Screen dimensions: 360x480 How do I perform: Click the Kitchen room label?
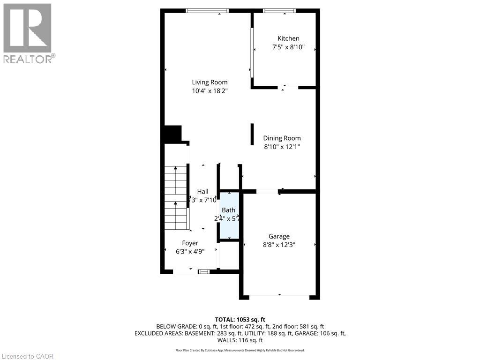point(288,38)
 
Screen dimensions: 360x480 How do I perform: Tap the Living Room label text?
point(210,82)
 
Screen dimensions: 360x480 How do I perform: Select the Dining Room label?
point(282,138)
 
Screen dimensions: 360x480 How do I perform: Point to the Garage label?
point(279,236)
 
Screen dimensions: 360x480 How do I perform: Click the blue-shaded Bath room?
point(229,220)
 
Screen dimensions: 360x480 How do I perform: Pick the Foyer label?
point(190,243)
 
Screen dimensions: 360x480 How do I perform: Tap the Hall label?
point(202,191)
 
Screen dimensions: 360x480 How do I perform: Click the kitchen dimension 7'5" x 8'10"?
point(288,47)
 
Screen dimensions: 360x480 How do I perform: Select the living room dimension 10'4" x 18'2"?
point(210,91)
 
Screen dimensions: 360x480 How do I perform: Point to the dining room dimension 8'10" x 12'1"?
point(282,147)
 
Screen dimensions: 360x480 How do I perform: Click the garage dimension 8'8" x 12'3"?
point(279,245)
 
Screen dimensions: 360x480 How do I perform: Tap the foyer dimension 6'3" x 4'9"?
point(190,251)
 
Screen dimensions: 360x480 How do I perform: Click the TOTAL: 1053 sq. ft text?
point(240,319)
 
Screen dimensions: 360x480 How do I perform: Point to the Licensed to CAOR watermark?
point(27,356)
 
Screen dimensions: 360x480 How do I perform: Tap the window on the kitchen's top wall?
point(279,10)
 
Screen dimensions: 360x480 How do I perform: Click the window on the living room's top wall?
point(207,10)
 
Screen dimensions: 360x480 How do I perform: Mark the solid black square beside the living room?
point(172,134)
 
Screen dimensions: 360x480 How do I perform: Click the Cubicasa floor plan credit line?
point(240,350)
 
